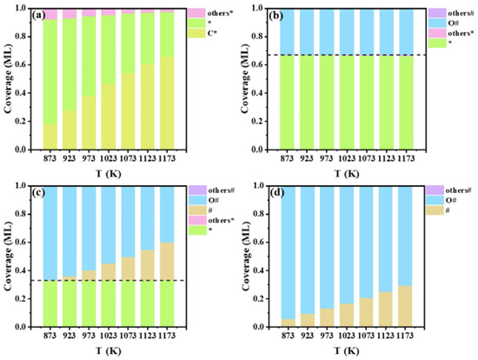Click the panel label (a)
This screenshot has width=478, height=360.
point(39,16)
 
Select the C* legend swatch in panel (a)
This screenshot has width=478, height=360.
point(196,33)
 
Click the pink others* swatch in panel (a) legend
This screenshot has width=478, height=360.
point(196,13)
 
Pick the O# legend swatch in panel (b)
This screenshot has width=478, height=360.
point(437,23)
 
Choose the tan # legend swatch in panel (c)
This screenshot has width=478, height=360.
point(197,210)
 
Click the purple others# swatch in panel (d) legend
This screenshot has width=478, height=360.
point(435,190)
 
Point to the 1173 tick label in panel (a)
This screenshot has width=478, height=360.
point(167,158)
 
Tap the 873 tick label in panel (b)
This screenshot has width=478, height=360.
point(287,158)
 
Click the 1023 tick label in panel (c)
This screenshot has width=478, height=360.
point(109,336)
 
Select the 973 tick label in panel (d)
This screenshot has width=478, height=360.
point(327,336)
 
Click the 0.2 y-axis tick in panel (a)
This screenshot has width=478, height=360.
point(22,122)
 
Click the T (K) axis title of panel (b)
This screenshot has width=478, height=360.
point(347,174)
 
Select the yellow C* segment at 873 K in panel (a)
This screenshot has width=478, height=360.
point(50,137)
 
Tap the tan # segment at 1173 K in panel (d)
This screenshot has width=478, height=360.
point(405,306)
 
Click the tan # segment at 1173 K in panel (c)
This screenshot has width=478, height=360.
point(167,262)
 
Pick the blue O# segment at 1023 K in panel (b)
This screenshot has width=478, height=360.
point(347,31)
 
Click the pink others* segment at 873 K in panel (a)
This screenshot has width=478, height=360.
point(50,14)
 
